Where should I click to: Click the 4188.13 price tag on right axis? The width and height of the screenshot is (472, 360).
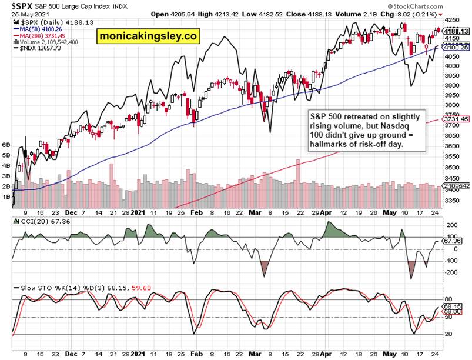coord(456,31)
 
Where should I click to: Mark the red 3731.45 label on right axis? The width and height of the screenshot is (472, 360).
coord(456,119)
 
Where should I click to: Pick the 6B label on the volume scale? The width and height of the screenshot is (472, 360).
coord(6,144)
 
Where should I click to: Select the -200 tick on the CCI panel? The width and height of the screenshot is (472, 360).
coord(451,272)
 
